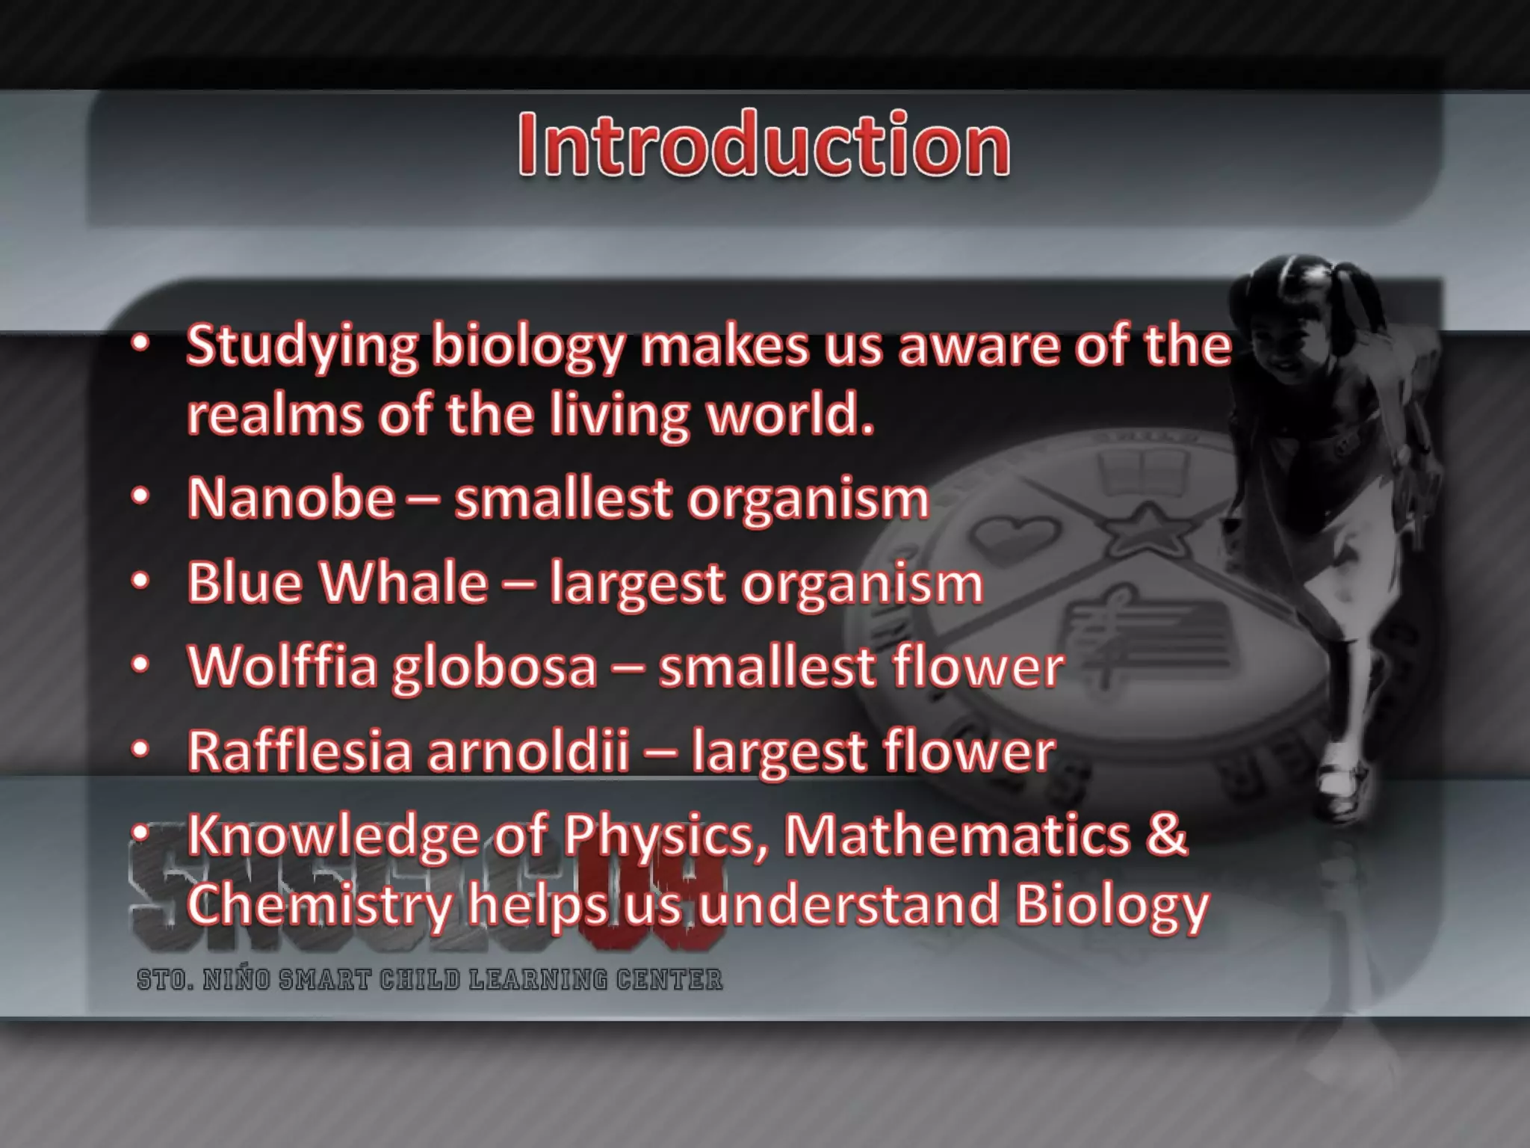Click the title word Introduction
[764, 144]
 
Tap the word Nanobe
[291, 499]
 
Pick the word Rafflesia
[299, 751]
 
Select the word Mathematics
[957, 836]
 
